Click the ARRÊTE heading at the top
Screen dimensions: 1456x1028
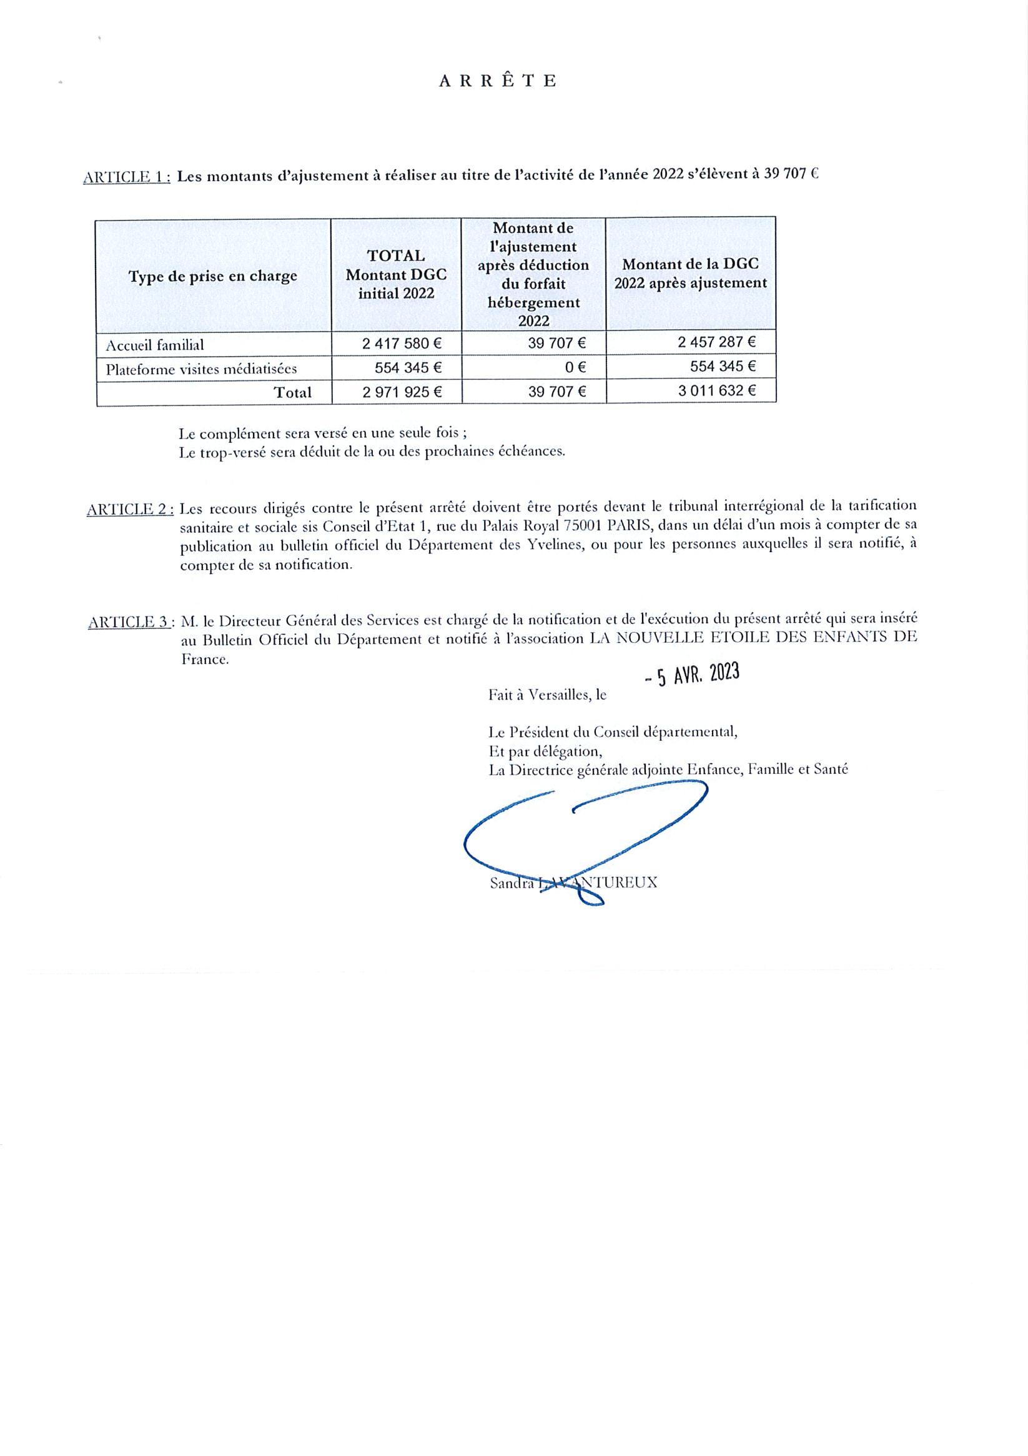(498, 81)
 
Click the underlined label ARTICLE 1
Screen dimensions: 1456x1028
(126, 177)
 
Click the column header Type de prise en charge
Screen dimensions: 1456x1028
(212, 277)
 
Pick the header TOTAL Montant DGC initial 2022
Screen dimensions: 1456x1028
(396, 274)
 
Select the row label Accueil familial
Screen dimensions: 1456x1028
(155, 345)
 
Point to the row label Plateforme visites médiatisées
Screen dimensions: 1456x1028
(201, 369)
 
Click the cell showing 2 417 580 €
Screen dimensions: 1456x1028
(402, 344)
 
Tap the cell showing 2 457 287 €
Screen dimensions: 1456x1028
(716, 342)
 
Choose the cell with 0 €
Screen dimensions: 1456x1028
(575, 367)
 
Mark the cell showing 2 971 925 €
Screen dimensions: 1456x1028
(402, 392)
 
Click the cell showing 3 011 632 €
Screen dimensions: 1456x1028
(716, 390)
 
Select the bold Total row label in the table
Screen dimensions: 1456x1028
(292, 392)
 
